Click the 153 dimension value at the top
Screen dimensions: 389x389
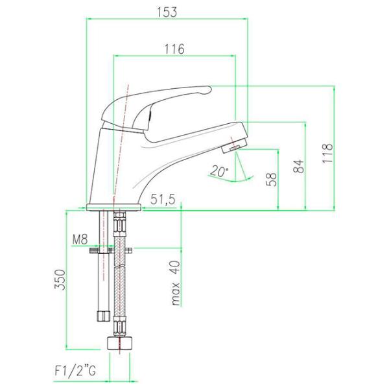tap(167, 12)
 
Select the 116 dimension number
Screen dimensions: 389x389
tap(174, 49)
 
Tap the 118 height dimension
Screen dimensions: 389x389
tap(327, 153)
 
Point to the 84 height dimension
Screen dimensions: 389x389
tap(298, 166)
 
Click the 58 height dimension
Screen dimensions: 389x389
tap(271, 180)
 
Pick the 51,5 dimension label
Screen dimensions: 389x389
tap(163, 199)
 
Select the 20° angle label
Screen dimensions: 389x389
tap(219, 171)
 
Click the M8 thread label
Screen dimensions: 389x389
tap(80, 240)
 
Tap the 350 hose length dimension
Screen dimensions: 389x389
tap(60, 279)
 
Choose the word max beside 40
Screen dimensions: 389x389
tap(176, 294)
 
